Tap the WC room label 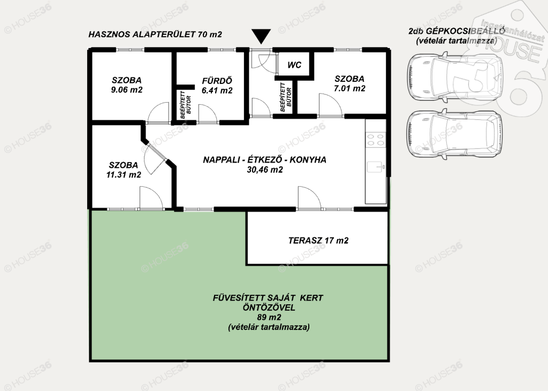[x=294, y=65]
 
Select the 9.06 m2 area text [x=126, y=90]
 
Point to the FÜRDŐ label [x=217, y=81]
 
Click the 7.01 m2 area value [x=349, y=88]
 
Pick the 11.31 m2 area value [x=124, y=175]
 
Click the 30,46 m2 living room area [x=264, y=170]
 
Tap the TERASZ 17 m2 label [x=318, y=240]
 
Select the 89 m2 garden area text [x=268, y=317]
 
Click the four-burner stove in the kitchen [x=376, y=140]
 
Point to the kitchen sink [x=376, y=167]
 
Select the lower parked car [x=454, y=134]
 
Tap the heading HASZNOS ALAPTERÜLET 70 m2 [x=155, y=34]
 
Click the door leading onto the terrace [x=309, y=198]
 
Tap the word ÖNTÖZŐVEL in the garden [x=269, y=308]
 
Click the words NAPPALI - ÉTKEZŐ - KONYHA [x=264, y=160]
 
